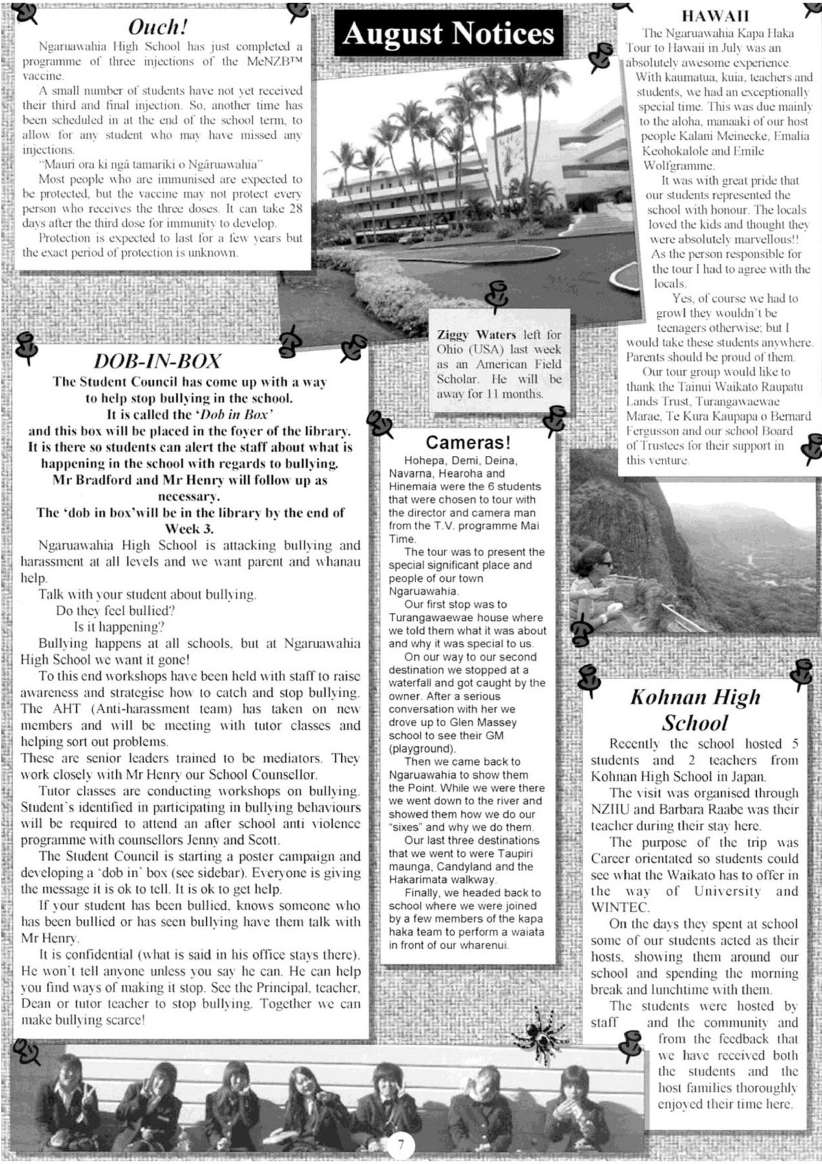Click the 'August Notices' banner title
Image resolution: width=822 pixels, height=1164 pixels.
[x=448, y=33]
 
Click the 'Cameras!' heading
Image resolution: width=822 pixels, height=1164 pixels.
[x=468, y=443]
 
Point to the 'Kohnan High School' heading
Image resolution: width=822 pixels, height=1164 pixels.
[x=695, y=710]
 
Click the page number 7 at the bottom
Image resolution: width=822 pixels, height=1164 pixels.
[x=401, y=1145]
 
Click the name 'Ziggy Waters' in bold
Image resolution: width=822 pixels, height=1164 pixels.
[x=476, y=335]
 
